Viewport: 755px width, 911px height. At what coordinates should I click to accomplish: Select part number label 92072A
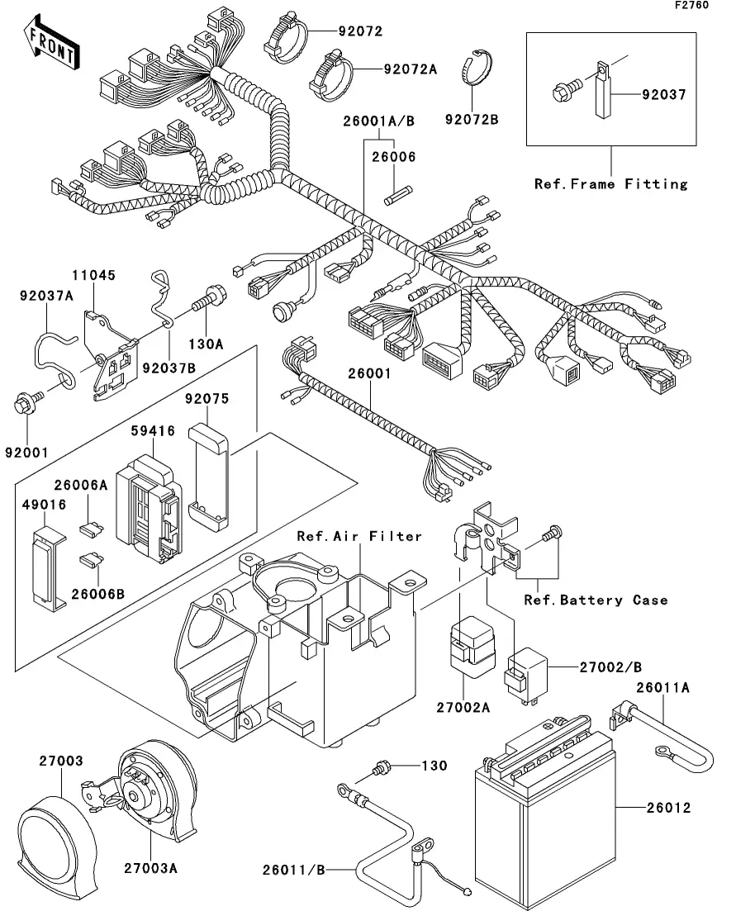409,69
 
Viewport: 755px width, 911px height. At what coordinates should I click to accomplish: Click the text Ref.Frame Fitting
610,183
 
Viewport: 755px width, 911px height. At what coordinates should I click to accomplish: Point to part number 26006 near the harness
392,157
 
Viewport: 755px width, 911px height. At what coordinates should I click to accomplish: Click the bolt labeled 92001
23,406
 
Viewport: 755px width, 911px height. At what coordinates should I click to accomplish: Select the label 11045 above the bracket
93,276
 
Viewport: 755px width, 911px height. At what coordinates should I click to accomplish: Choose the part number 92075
207,398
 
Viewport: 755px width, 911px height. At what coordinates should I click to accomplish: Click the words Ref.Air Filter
360,537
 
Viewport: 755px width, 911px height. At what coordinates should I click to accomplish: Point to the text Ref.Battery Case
596,600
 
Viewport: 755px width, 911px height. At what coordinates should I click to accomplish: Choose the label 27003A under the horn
152,868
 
